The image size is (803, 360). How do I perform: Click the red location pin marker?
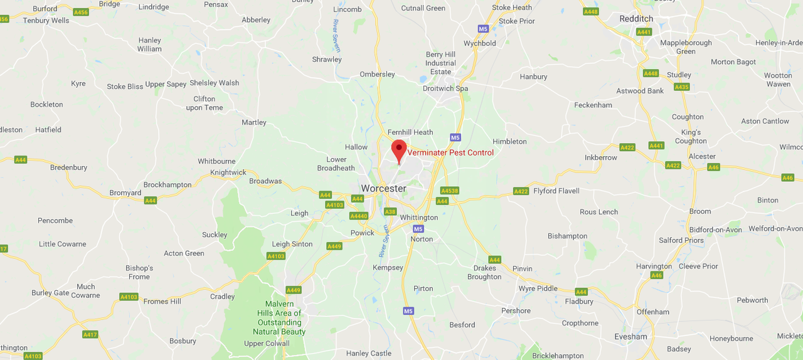point(399,151)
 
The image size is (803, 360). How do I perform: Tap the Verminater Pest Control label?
point(450,152)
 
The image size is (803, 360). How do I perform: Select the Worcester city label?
point(383,188)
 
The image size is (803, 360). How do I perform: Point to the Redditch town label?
point(635,19)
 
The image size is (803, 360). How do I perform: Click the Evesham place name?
point(630,336)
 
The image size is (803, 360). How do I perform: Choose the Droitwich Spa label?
point(445,88)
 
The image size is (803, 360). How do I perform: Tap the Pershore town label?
point(516,310)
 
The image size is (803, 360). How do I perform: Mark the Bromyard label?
point(125,193)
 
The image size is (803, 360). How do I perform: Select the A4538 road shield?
point(450,191)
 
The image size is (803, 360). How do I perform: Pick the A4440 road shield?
point(359,216)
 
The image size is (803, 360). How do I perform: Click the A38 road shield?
point(390,212)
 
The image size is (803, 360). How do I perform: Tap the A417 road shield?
point(90,334)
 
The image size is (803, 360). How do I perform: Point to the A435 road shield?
point(682,87)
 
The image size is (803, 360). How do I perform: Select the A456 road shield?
point(81,12)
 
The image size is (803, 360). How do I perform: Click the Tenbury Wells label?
point(46,20)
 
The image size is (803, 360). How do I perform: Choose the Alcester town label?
point(702,156)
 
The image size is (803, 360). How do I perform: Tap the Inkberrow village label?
point(601,157)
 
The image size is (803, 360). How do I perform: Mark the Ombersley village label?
point(377,74)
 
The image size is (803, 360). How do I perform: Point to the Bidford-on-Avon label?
point(716,230)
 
